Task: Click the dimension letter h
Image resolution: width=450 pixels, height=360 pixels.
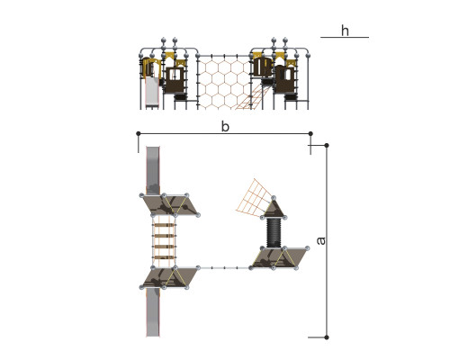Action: click(x=345, y=31)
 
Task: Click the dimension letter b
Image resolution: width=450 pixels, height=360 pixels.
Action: click(x=225, y=126)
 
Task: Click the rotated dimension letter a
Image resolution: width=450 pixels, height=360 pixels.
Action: click(x=321, y=240)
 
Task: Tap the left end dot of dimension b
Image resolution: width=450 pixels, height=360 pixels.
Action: click(x=139, y=133)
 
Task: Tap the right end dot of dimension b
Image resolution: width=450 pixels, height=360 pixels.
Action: click(x=310, y=133)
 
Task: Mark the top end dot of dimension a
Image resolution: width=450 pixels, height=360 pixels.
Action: click(x=327, y=146)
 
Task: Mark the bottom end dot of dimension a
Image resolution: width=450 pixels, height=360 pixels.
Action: click(x=327, y=337)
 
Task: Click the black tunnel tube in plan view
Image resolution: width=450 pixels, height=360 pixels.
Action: click(x=274, y=232)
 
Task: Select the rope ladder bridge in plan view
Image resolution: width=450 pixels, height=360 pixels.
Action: click(x=164, y=241)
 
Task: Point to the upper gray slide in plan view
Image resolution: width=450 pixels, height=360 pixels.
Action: click(x=153, y=170)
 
